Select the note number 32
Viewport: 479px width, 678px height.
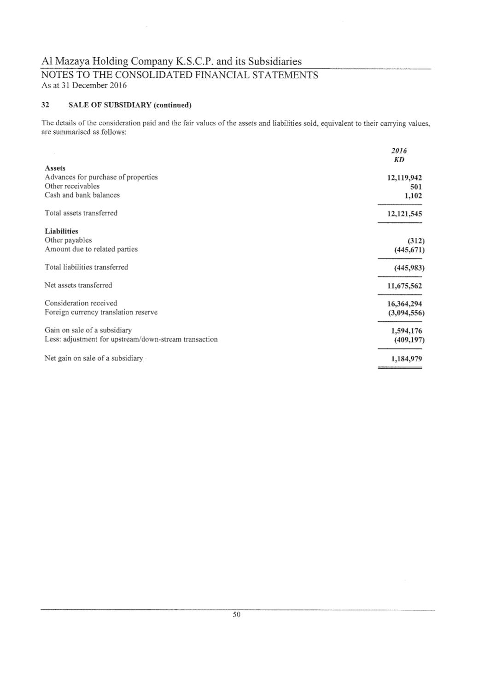click(x=45, y=105)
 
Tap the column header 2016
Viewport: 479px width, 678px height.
click(x=399, y=151)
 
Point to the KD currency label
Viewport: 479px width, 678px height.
click(x=399, y=159)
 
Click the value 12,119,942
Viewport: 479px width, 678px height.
click(x=405, y=177)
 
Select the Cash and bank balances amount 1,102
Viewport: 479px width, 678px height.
click(x=413, y=195)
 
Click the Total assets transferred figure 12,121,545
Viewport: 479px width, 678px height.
click(x=405, y=213)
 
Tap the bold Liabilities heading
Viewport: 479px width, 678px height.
click(x=61, y=231)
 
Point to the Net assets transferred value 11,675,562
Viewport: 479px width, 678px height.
click(x=405, y=286)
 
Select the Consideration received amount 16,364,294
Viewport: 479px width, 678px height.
click(x=405, y=304)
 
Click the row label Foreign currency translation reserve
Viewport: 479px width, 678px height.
click(x=101, y=312)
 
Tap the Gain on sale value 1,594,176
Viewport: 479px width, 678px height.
click(x=406, y=330)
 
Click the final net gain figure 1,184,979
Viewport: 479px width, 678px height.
click(x=406, y=359)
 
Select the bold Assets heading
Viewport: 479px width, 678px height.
click(x=55, y=168)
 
